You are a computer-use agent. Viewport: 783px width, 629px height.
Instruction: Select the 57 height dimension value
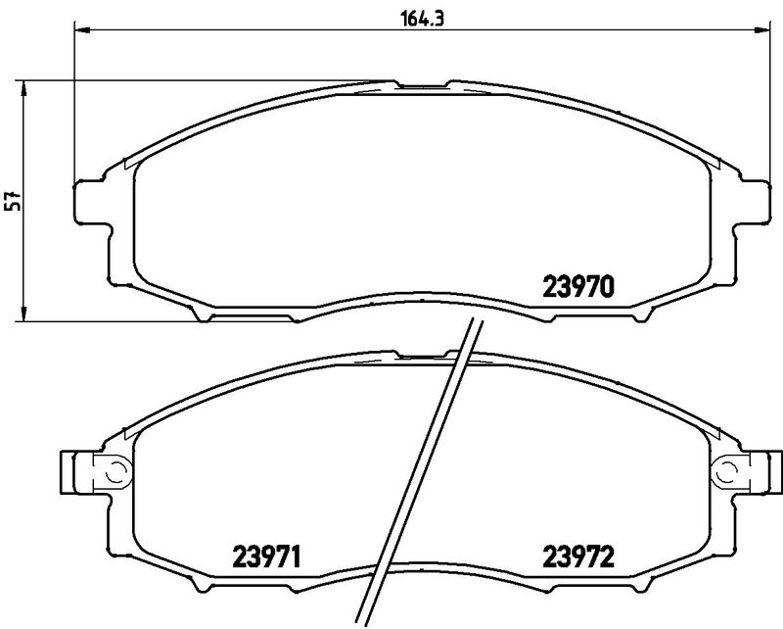12,201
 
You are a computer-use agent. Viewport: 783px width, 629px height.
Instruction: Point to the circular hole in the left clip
113,472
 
